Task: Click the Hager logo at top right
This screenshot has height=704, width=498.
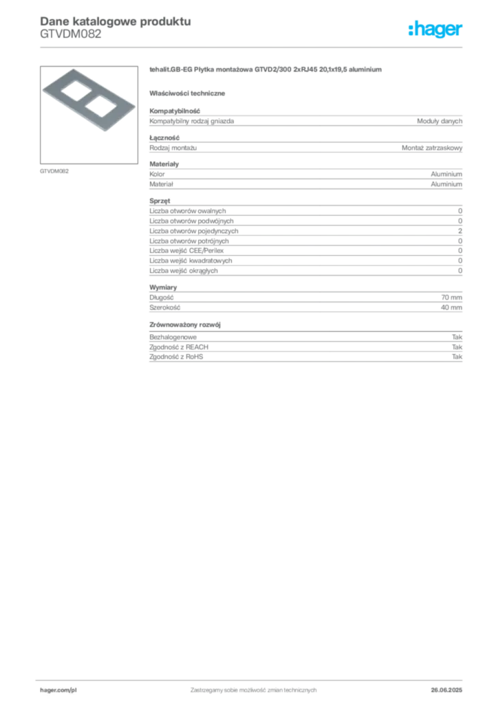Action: (x=435, y=29)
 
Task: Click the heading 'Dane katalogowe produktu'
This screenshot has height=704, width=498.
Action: (x=116, y=21)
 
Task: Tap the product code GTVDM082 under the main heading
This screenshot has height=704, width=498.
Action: (x=70, y=34)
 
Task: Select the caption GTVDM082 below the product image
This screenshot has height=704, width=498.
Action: (x=54, y=171)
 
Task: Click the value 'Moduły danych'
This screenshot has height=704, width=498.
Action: (x=439, y=121)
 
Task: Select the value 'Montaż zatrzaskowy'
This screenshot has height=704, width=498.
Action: (x=431, y=148)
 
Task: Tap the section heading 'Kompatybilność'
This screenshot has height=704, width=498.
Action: (x=175, y=111)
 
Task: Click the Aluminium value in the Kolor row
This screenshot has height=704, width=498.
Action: (x=446, y=174)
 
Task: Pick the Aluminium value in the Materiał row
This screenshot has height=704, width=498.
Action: (x=446, y=184)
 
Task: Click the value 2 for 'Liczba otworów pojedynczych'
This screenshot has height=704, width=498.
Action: (x=460, y=231)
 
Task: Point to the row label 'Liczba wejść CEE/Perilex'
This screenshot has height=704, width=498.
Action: (x=186, y=250)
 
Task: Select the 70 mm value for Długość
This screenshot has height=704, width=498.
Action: (x=451, y=297)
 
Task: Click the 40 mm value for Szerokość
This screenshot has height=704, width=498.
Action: (x=451, y=307)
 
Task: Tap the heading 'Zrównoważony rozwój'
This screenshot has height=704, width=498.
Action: (x=185, y=324)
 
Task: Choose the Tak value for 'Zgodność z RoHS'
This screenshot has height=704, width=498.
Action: (x=457, y=357)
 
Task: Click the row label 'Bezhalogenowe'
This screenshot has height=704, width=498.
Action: (x=173, y=337)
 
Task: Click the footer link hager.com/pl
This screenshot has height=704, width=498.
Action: (x=58, y=690)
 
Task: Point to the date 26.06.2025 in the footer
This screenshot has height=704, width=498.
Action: (x=446, y=690)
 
